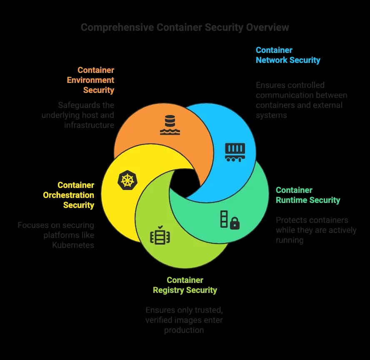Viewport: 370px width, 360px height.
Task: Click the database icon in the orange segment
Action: click(x=170, y=125)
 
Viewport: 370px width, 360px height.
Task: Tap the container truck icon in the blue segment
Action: click(x=235, y=152)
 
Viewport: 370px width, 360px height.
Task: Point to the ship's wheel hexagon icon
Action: click(x=127, y=180)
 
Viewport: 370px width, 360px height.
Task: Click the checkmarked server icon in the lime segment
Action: click(x=160, y=235)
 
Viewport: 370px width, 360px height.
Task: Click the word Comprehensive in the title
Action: click(x=117, y=27)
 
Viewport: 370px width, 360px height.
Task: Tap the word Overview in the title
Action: click(x=267, y=27)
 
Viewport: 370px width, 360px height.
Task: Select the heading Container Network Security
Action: click(x=288, y=55)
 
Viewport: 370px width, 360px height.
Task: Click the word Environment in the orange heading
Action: click(x=90, y=80)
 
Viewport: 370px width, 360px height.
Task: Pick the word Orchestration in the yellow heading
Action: click(x=68, y=195)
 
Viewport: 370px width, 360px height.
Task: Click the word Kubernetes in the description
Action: click(x=73, y=245)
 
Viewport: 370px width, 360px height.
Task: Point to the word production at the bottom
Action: click(x=184, y=330)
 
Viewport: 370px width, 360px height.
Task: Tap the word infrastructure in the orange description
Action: click(x=89, y=125)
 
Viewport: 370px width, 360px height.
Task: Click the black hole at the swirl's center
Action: click(x=185, y=183)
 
